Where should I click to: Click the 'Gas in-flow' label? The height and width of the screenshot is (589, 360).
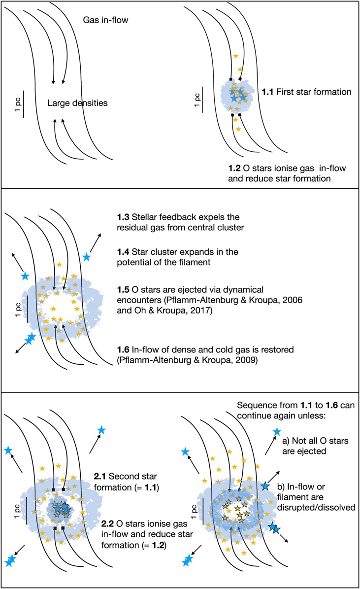(x=105, y=20)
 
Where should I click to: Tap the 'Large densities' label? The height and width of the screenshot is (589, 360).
(x=77, y=103)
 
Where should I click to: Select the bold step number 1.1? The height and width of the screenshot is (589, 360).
(x=267, y=92)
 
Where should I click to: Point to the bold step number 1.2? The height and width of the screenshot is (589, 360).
(x=234, y=168)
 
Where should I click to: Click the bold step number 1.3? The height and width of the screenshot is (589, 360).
(x=123, y=217)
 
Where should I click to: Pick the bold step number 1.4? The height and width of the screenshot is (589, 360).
(x=123, y=252)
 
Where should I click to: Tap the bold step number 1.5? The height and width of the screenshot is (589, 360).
(x=123, y=290)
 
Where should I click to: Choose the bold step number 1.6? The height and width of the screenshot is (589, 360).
(x=123, y=350)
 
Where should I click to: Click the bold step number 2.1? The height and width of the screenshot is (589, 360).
(x=100, y=476)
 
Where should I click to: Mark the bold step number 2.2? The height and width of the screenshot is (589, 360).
(x=108, y=523)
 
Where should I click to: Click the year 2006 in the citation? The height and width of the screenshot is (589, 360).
(x=293, y=300)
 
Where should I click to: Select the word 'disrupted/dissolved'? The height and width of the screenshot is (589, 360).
(x=316, y=508)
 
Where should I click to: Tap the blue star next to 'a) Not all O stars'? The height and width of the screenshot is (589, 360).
(x=277, y=432)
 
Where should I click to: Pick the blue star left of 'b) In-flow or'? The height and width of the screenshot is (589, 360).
(x=265, y=486)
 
